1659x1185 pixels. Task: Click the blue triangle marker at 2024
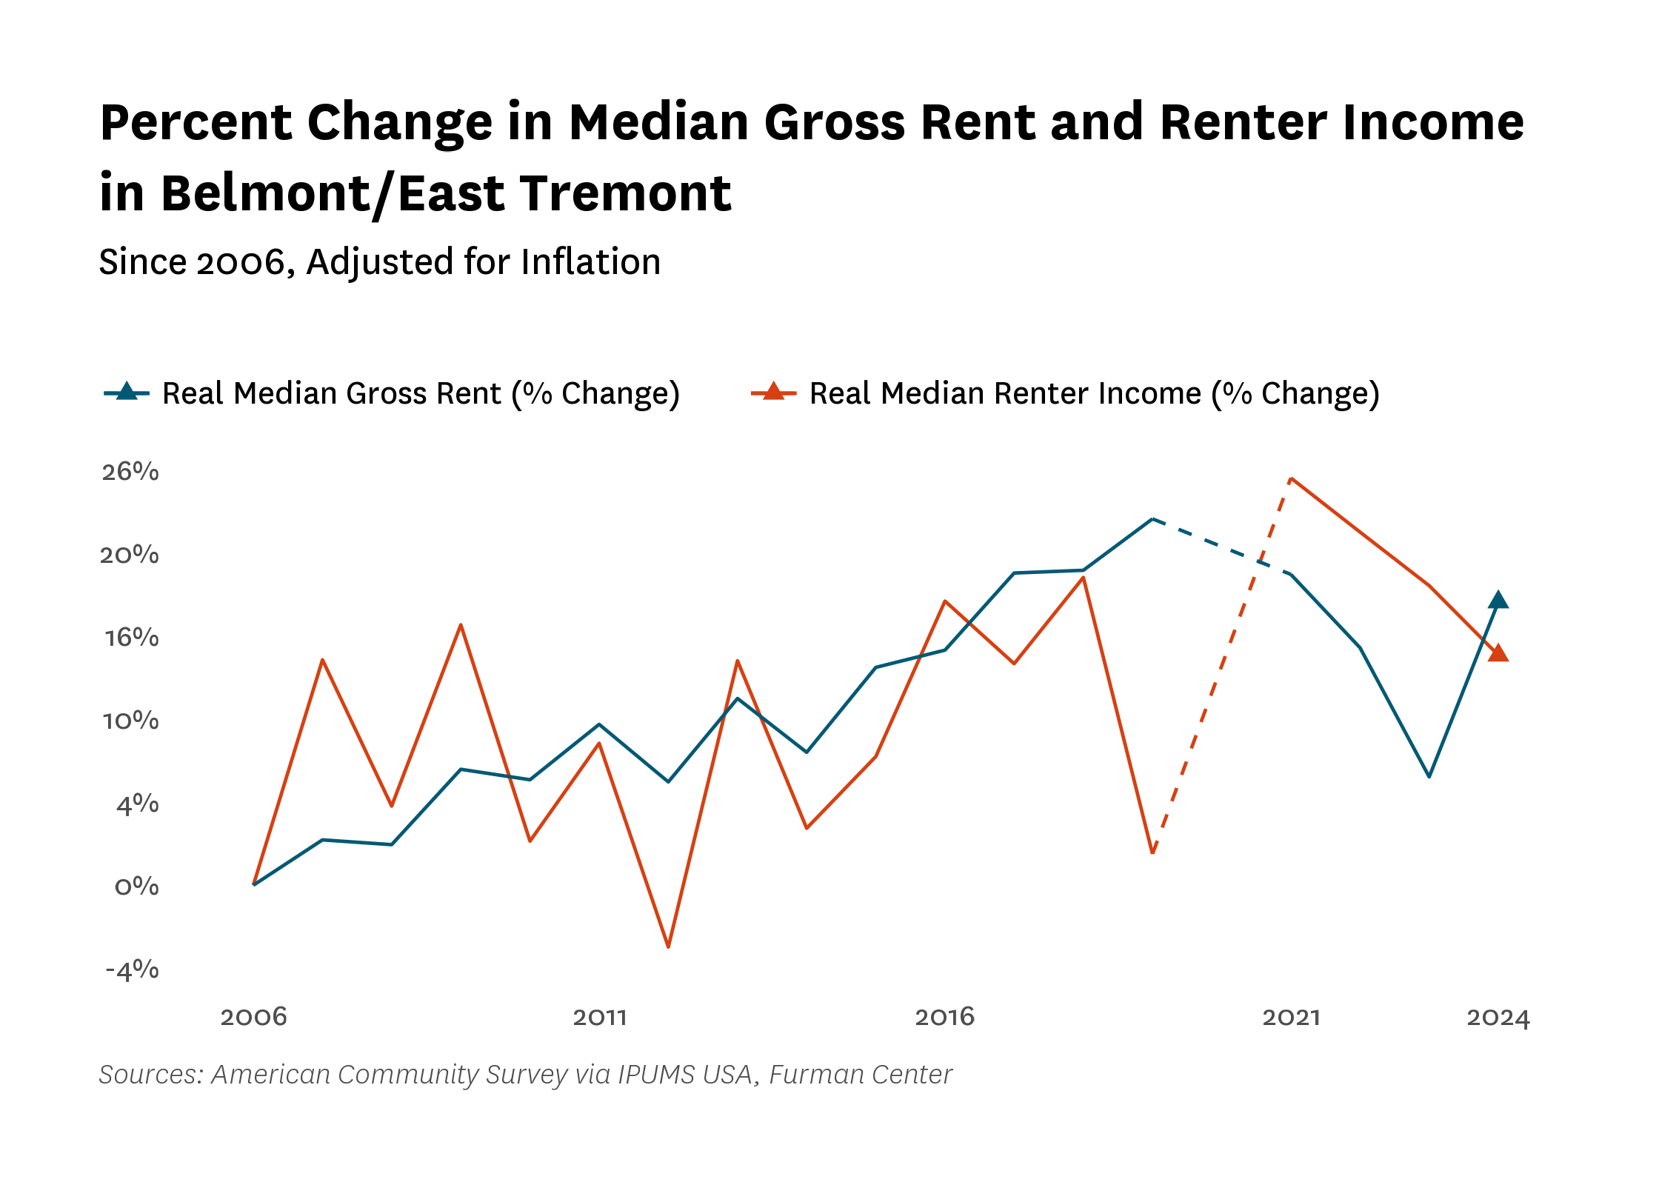pos(1498,600)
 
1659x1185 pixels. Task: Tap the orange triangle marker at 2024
pos(1498,652)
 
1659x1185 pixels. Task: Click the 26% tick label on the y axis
pos(130,472)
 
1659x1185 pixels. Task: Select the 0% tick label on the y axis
pos(137,887)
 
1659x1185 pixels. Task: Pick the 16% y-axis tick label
pos(132,638)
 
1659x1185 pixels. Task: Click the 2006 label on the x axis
pos(253,1017)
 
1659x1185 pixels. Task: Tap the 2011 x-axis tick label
pos(600,1017)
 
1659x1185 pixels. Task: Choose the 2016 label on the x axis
pos(945,1017)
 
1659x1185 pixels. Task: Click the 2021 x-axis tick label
pos(1292,1017)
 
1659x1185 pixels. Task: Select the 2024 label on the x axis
pos(1498,1017)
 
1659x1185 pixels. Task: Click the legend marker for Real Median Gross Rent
pos(127,392)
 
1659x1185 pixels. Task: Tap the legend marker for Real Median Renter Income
pos(774,392)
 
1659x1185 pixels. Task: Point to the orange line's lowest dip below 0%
pos(668,947)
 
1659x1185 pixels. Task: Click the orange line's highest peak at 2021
pos(1291,478)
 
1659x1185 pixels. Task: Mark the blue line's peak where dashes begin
pos(1152,518)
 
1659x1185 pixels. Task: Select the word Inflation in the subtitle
pos(590,261)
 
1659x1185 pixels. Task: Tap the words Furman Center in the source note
pos(861,1075)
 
